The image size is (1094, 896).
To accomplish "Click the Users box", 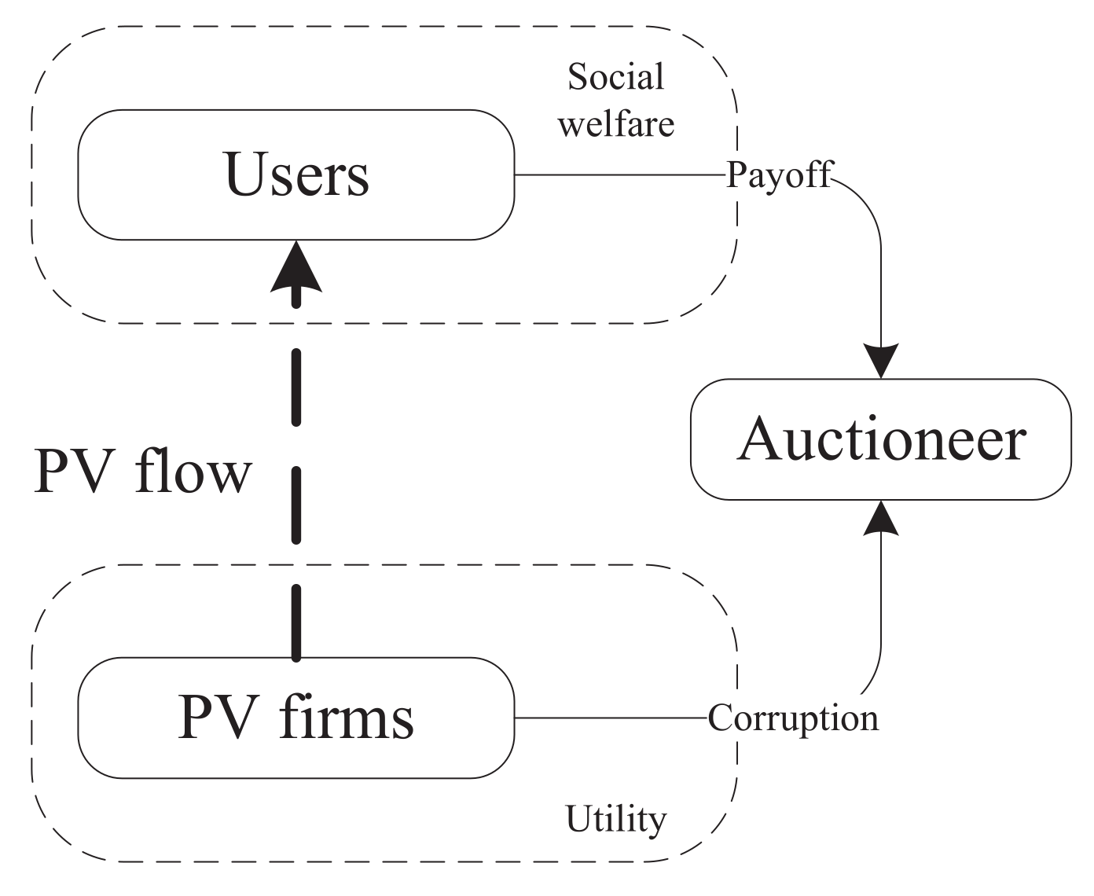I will (x=296, y=174).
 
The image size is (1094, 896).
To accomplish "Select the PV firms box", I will (x=296, y=718).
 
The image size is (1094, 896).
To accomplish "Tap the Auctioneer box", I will (x=880, y=439).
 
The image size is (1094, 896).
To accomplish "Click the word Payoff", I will (x=778, y=174).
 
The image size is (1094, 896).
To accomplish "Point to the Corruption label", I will (x=792, y=718).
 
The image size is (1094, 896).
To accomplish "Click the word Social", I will (x=616, y=77).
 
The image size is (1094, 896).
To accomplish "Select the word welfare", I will (x=616, y=123).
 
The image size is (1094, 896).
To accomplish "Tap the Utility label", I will (x=616, y=819).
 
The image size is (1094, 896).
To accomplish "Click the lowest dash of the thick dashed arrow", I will (x=296, y=621).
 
